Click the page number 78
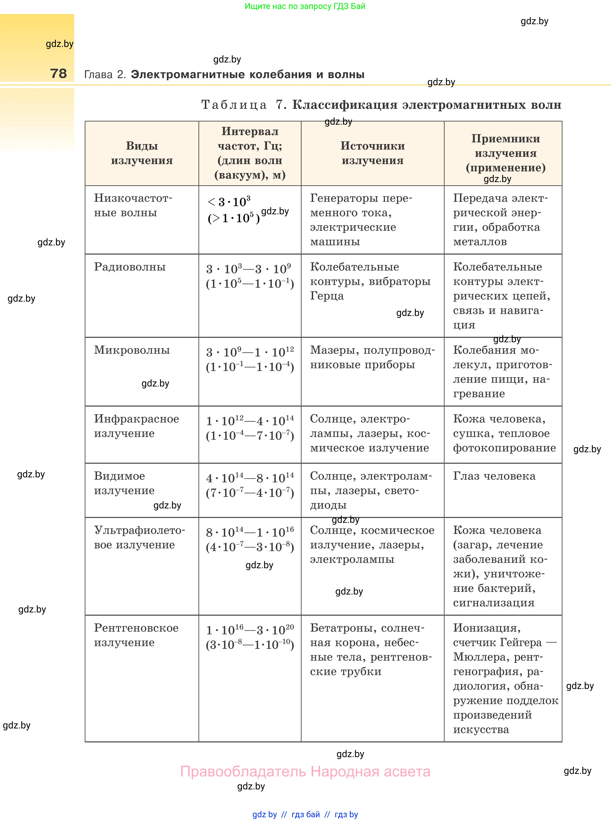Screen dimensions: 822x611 (x=58, y=74)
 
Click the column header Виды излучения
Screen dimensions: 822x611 (x=142, y=153)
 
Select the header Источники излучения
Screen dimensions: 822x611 (x=372, y=153)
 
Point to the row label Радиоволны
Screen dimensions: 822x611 (x=130, y=267)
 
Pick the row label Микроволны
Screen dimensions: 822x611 (x=132, y=350)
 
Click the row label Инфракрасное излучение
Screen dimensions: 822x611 (x=136, y=426)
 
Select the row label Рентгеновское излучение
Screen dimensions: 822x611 (x=136, y=635)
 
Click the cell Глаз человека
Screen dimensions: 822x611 (x=494, y=476)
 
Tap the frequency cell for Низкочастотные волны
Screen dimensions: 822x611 (x=234, y=210)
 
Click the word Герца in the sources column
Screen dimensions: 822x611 (x=327, y=296)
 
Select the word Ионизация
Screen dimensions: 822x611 (x=487, y=628)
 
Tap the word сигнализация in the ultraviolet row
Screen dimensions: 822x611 (x=494, y=603)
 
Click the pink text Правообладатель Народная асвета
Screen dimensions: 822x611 (x=305, y=772)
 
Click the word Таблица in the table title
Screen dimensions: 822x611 (x=234, y=105)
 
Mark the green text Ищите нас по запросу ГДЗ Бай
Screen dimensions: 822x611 (x=305, y=6)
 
